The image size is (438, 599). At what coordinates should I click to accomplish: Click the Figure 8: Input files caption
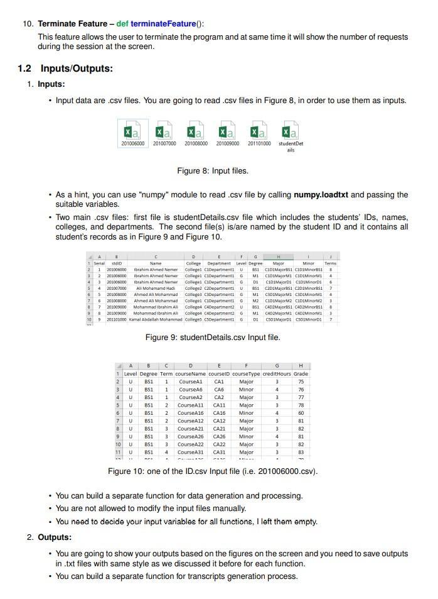coord(213,171)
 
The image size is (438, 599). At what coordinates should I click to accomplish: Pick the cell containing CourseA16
coord(190,413)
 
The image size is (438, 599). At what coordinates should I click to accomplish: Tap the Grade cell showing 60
coord(301,413)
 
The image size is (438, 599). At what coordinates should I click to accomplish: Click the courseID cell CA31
coord(219,452)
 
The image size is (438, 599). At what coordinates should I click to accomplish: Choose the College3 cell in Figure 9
coord(193,294)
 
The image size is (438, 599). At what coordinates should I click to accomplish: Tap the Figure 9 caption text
coord(213,338)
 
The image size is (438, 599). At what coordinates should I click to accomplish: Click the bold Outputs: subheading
coord(55,537)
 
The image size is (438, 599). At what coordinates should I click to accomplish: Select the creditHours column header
coord(277,373)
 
